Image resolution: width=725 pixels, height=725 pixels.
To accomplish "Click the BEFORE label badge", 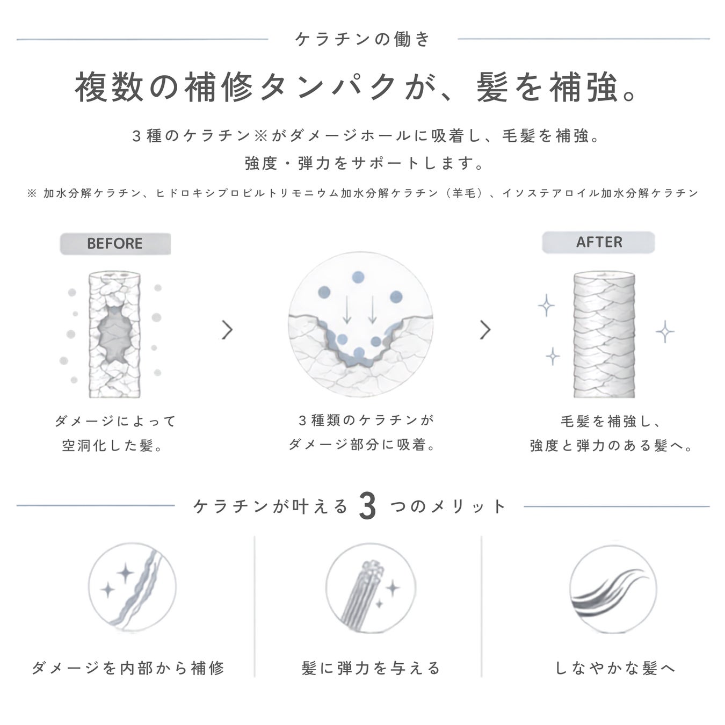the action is pos(115,244).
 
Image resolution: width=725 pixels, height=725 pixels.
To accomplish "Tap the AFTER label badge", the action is pos(599,242).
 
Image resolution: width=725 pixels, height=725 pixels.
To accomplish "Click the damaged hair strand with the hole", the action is pos(115,335).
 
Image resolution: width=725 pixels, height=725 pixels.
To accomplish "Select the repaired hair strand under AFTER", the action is pos(604,335).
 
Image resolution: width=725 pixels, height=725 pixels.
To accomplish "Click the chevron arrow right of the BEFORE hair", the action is pos(227,330).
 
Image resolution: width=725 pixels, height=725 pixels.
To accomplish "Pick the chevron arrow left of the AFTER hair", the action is pos(485,330).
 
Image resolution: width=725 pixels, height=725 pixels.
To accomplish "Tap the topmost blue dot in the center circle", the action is pos(358,278).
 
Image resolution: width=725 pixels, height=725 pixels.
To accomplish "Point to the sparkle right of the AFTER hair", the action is pos(665,332).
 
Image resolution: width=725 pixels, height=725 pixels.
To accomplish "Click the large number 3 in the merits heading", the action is pos(367,507).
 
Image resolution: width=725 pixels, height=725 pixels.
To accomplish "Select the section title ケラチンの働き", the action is pos(363,39).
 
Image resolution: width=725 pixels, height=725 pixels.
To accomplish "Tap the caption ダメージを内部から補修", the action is pos(128,668).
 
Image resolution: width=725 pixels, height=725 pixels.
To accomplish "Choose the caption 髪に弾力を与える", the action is pos(371,668).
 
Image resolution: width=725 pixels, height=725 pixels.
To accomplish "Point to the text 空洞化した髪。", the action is pos(112,446).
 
